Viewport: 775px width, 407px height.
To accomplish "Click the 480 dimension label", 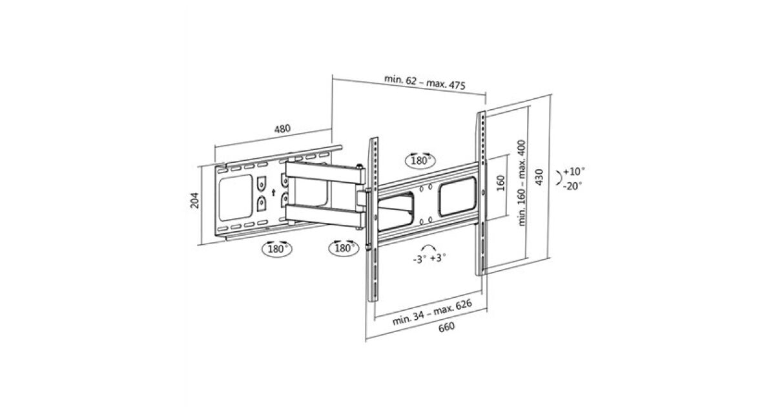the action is coord(282,129).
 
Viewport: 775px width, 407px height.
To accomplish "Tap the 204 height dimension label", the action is coord(195,200).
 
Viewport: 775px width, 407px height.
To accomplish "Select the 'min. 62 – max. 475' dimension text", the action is coord(425,83).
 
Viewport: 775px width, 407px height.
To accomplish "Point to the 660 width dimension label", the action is coord(447,327).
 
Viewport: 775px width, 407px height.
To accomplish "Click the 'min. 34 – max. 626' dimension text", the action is coord(432,313).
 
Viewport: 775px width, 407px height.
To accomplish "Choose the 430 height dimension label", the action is coord(539,177).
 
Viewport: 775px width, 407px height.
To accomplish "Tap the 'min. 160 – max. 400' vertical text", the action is coord(521,183).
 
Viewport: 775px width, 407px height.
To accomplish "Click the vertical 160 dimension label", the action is coord(501,183).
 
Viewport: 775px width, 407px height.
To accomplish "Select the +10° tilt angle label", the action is coord(574,171).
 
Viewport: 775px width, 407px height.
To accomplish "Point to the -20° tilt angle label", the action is coord(573,186).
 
